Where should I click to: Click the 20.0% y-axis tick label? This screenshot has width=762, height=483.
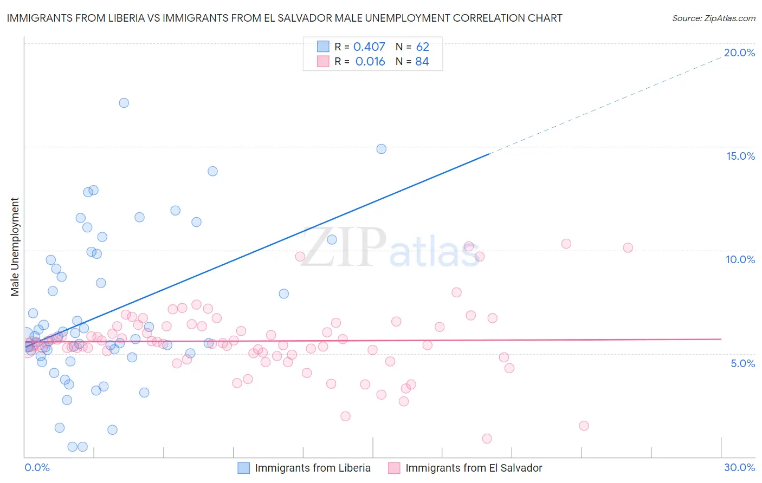[x=739, y=53]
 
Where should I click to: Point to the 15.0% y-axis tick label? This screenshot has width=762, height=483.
[x=740, y=156]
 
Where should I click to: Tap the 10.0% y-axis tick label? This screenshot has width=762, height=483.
[x=740, y=259]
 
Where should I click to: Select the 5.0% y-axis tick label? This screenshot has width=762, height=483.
[x=742, y=363]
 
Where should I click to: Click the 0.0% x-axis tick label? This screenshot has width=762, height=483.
[x=37, y=467]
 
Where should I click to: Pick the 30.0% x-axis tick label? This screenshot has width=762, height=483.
[x=739, y=467]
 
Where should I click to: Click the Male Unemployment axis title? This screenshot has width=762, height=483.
[x=15, y=247]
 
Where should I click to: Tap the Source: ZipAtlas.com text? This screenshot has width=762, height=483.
[x=713, y=18]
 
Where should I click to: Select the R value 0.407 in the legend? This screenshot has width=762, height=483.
[x=369, y=47]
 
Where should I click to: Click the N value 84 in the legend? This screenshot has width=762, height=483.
[x=422, y=62]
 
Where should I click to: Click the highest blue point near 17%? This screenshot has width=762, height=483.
[x=124, y=103]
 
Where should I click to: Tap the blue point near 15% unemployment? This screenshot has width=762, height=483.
[x=382, y=149]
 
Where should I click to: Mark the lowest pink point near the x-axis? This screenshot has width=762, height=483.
[x=487, y=439]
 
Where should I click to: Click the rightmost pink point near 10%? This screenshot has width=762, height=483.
[x=628, y=248]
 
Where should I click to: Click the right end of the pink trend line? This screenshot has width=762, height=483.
[x=721, y=339]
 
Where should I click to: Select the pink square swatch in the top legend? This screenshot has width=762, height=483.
[x=323, y=62]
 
